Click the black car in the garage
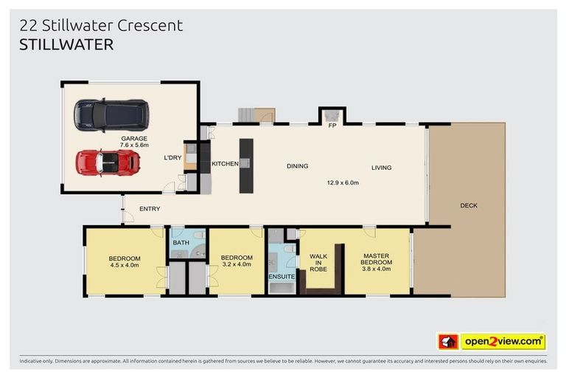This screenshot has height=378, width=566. [x=111, y=114]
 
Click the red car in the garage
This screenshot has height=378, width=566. [x=108, y=162]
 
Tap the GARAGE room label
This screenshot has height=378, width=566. [x=134, y=138]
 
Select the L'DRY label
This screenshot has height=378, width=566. [x=172, y=158]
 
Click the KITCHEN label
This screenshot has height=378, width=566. [x=225, y=163]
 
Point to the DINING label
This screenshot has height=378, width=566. [x=297, y=166]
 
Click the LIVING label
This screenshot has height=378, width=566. [x=381, y=167]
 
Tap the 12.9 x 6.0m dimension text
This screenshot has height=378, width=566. [x=343, y=182]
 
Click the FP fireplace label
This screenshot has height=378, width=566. [x=332, y=126]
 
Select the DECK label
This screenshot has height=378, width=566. [x=468, y=205]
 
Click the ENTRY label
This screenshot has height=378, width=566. [x=150, y=209]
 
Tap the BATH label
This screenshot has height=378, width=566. [x=181, y=242]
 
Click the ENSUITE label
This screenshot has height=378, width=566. [x=282, y=277]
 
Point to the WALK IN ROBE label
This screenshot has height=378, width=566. [x=318, y=263]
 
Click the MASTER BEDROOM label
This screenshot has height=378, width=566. [x=376, y=260]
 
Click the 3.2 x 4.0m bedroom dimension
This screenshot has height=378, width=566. [x=237, y=264]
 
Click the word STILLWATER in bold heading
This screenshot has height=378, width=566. [x=66, y=44]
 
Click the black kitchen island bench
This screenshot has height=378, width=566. [x=245, y=165]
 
